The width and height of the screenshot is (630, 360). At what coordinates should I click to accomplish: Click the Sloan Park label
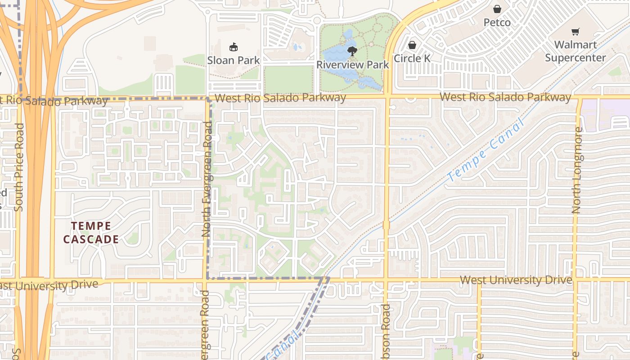[234, 60]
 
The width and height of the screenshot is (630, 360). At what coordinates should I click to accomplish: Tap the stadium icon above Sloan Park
[234, 46]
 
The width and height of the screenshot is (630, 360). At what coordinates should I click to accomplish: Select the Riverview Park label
[352, 64]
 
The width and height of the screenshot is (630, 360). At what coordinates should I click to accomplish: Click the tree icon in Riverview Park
[352, 50]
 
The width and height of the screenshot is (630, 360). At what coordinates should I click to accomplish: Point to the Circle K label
[412, 58]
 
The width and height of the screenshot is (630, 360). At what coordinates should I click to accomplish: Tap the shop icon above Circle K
[412, 45]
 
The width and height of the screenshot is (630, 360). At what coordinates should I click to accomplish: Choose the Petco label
[497, 22]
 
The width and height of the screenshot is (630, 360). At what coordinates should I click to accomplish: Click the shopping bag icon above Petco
[497, 9]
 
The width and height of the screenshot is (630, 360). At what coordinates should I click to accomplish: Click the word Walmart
[576, 45]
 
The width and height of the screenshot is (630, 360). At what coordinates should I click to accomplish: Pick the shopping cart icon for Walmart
[575, 31]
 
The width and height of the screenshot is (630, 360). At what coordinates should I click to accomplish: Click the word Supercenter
[576, 58]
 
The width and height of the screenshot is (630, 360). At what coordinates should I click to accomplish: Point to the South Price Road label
[19, 167]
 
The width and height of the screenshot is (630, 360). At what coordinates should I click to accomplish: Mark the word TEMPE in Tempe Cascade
[91, 225]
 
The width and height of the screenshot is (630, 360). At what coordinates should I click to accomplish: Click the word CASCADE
[91, 239]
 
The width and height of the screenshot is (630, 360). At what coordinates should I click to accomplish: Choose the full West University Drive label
[516, 280]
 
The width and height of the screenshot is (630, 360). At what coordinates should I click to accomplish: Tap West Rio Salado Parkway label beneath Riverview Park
[280, 98]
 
